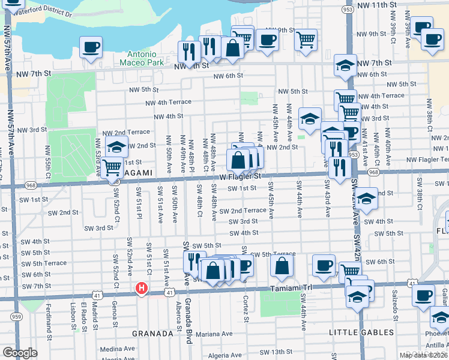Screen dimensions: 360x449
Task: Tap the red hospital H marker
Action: click(x=142, y=289)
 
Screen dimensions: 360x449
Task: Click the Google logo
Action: click(x=20, y=353)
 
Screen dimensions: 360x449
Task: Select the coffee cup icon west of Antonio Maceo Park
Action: click(x=91, y=47)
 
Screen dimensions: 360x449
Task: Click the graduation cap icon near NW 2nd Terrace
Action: click(x=116, y=146)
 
